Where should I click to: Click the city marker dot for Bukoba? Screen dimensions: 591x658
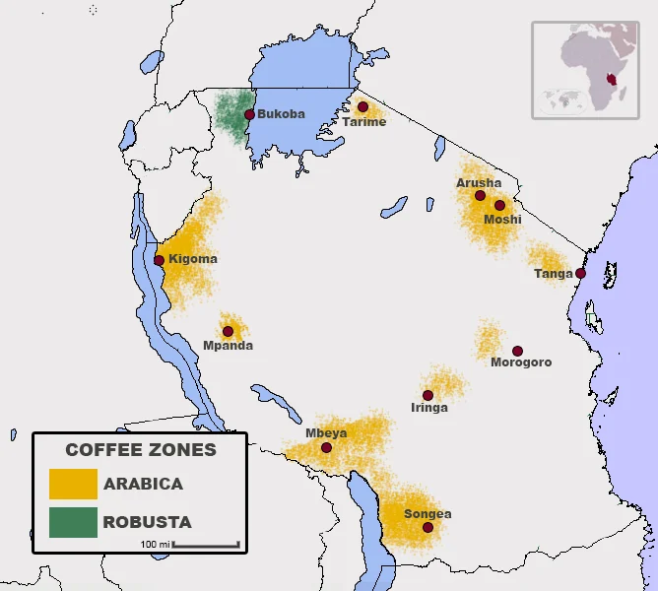[x=249, y=114]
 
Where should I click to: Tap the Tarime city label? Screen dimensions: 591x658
[x=363, y=122]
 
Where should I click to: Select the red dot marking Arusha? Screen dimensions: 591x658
[x=480, y=195]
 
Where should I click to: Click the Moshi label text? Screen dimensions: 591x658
[x=502, y=220]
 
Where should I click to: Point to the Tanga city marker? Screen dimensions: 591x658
[x=581, y=273]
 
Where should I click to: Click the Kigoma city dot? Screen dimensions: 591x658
[x=160, y=260]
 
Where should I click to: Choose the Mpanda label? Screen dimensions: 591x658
[x=228, y=346]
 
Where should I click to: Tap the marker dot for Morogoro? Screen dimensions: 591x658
[x=517, y=351]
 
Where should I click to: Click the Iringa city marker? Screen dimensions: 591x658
[x=428, y=395]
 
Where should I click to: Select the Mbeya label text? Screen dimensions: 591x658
[x=325, y=432]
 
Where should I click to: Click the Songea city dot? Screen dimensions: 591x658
[x=428, y=528]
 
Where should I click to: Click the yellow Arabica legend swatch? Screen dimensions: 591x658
[x=73, y=484]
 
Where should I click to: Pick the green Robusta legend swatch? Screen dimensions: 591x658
[x=73, y=522]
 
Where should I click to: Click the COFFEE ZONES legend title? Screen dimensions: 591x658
[x=141, y=450]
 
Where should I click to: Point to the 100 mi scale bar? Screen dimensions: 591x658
[x=206, y=544]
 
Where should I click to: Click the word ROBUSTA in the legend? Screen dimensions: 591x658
[x=147, y=522]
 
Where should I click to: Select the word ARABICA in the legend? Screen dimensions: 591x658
[x=143, y=484]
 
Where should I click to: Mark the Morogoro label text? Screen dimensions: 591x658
[x=521, y=362]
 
